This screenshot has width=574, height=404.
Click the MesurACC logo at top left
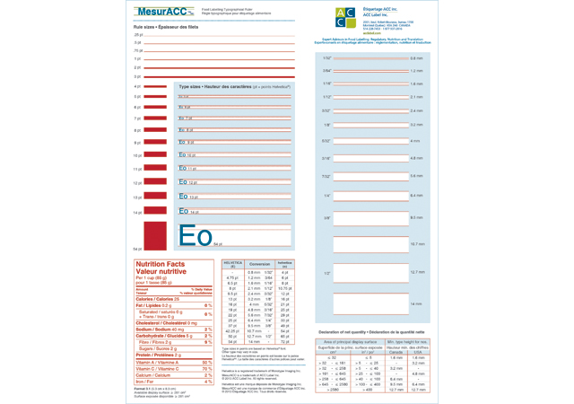(x=163, y=12)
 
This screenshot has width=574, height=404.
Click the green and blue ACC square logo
(x=344, y=16)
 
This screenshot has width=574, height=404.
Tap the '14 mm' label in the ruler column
(x=415, y=304)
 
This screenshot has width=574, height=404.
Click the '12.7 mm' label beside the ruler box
(x=416, y=272)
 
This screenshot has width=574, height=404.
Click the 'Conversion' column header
(x=260, y=264)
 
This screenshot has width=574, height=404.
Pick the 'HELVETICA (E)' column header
(x=232, y=264)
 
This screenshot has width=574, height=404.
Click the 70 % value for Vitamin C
(x=207, y=369)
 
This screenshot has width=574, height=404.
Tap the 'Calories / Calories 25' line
(x=157, y=299)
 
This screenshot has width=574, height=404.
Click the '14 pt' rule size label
(x=137, y=212)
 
